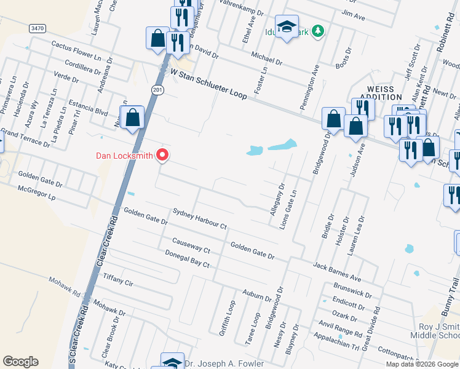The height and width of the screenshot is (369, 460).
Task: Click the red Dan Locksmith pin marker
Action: coord(162,155)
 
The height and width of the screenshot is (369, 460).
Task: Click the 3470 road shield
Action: coord(38,28)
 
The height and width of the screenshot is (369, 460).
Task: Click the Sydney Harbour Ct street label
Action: coord(200,220)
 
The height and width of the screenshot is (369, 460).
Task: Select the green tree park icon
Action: coord(317,31)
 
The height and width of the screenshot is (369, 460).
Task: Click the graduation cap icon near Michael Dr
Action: coord(287,27)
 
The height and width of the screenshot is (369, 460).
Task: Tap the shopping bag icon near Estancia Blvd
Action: coord(132,117)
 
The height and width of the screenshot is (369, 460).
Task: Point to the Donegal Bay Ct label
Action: coord(188,259)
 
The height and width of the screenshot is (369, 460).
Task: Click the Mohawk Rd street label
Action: coord(66,286)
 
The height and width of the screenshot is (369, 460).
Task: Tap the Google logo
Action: coord(20,362)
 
